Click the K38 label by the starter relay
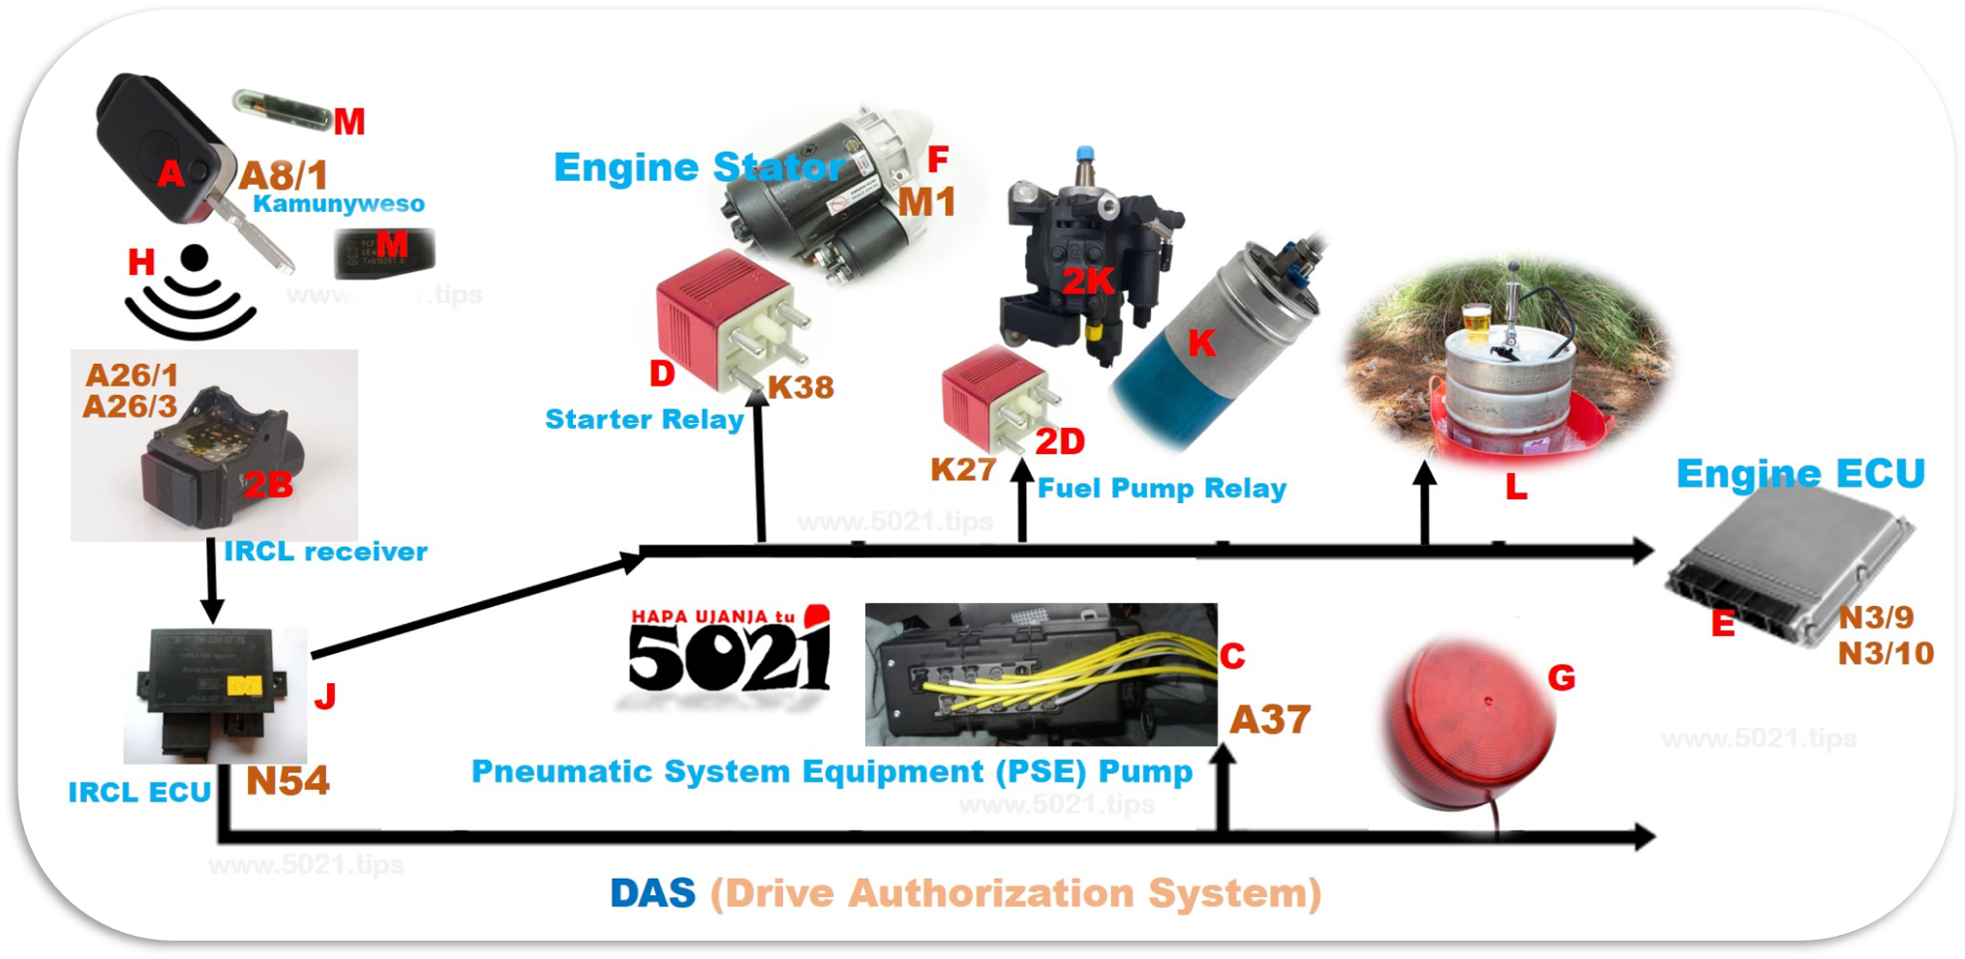801,387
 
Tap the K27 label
963,469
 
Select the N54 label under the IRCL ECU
287,781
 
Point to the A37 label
1270,720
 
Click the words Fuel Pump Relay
1162,489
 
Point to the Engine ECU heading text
1800,474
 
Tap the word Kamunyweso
339,204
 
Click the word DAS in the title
652,893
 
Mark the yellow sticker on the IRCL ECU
244,686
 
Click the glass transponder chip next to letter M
281,104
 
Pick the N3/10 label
1886,653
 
